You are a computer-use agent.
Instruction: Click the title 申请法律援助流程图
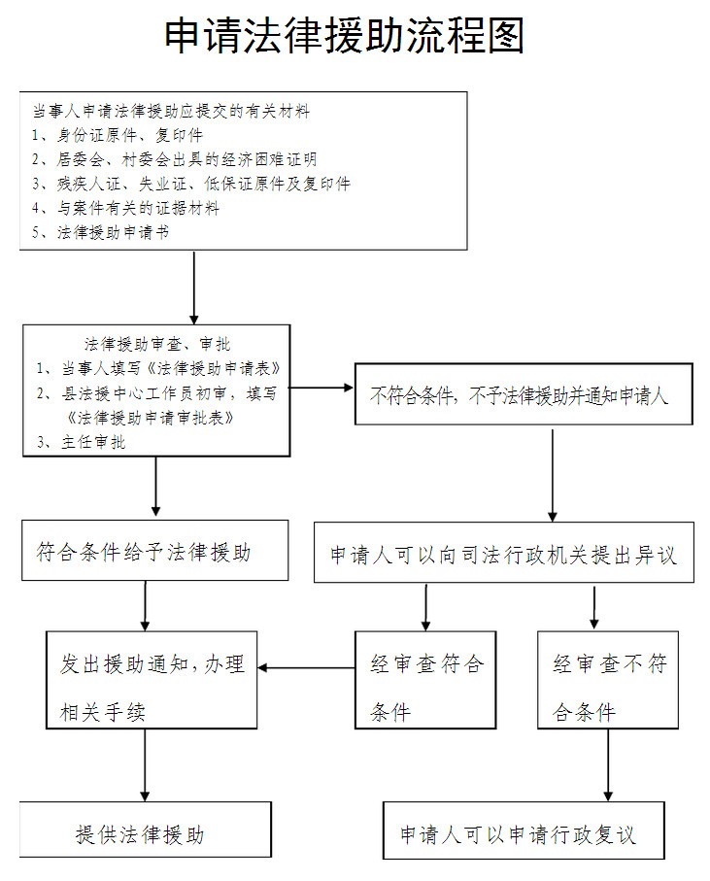pyautogui.click(x=345, y=37)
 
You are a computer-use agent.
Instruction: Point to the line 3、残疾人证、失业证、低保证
pyautogui.click(x=189, y=184)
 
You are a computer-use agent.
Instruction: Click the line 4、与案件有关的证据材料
pyautogui.click(x=125, y=208)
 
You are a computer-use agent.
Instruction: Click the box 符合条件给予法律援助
pyautogui.click(x=143, y=552)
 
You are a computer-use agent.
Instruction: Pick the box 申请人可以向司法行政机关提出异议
pyautogui.click(x=503, y=555)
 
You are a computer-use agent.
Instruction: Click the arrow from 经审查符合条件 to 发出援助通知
pyautogui.click(x=306, y=666)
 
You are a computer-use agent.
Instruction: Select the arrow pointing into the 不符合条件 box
pyautogui.click(x=321, y=388)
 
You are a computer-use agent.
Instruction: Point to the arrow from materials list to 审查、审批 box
pyautogui.click(x=194, y=287)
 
